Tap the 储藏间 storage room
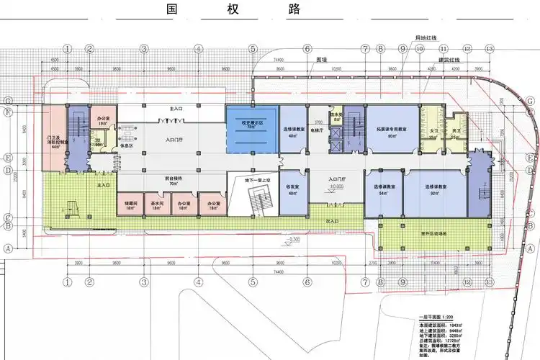(129, 204)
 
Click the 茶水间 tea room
(156, 204)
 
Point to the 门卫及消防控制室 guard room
(55, 140)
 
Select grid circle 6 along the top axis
(307, 50)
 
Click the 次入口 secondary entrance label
(332, 220)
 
